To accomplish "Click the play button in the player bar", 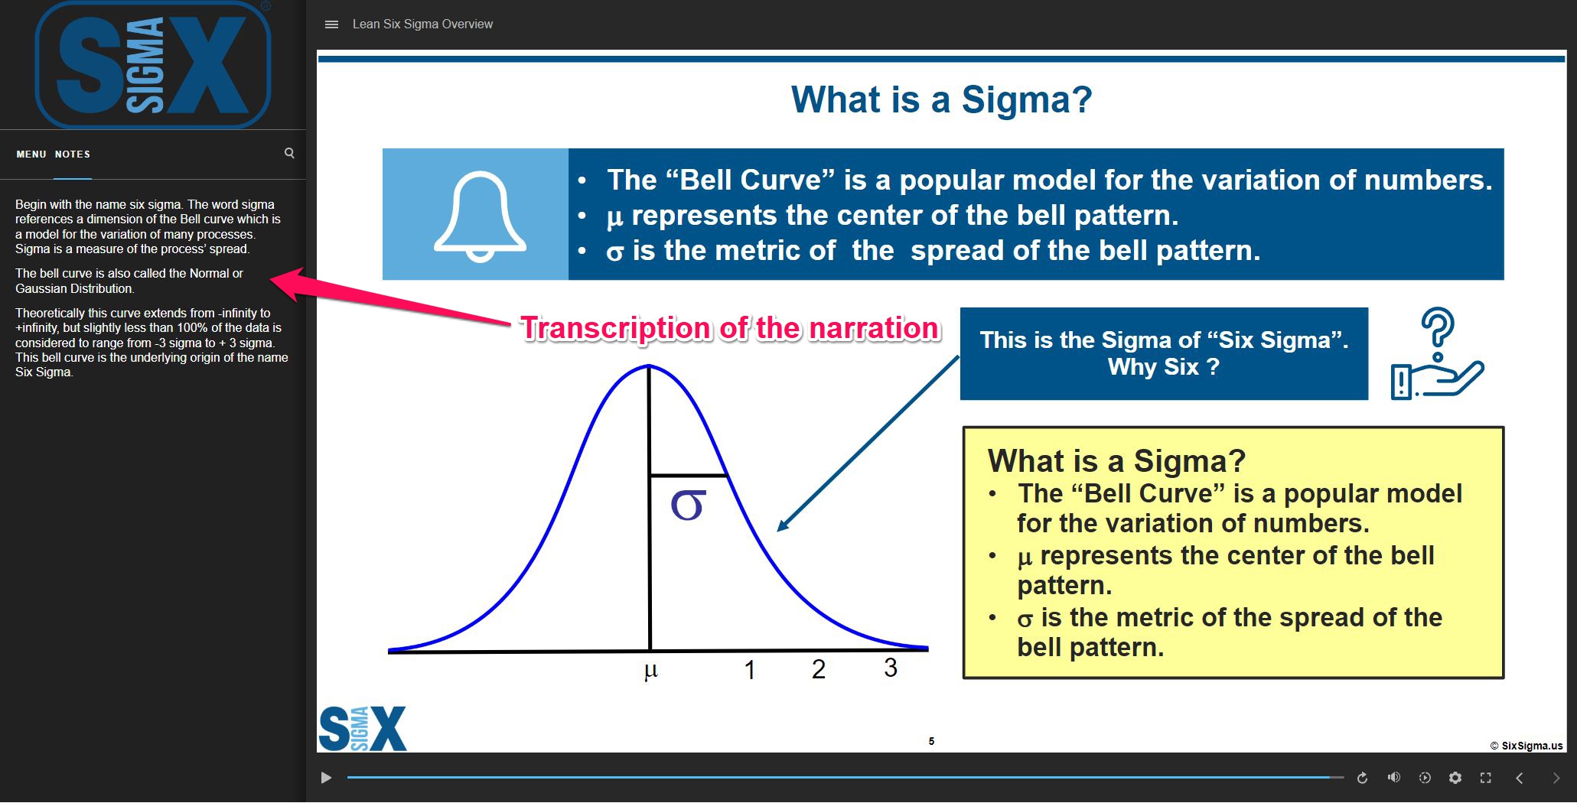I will coord(326,778).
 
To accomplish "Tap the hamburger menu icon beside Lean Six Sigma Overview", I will coord(331,24).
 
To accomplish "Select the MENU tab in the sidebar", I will coord(31,154).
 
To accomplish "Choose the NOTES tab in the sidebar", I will coord(73,154).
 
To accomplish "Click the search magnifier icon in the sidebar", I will coord(289,153).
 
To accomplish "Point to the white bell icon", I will coord(480,216).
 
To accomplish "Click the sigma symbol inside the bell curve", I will coord(687,505).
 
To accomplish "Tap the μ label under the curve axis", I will coord(651,671).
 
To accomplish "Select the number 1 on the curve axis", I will coord(750,670).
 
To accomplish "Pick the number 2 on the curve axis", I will coord(819,669).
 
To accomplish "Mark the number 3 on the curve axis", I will coord(891,668).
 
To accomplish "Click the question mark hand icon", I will coord(1436,353).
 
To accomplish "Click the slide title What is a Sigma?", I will coord(941,100).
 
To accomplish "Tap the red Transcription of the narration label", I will coord(729,328).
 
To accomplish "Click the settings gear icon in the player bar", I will coord(1455,778).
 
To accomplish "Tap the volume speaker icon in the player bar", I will coord(1393,778).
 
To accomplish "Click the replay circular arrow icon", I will coord(1362,778).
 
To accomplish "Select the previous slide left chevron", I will coord(1520,778).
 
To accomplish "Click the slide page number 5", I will coord(931,741).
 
